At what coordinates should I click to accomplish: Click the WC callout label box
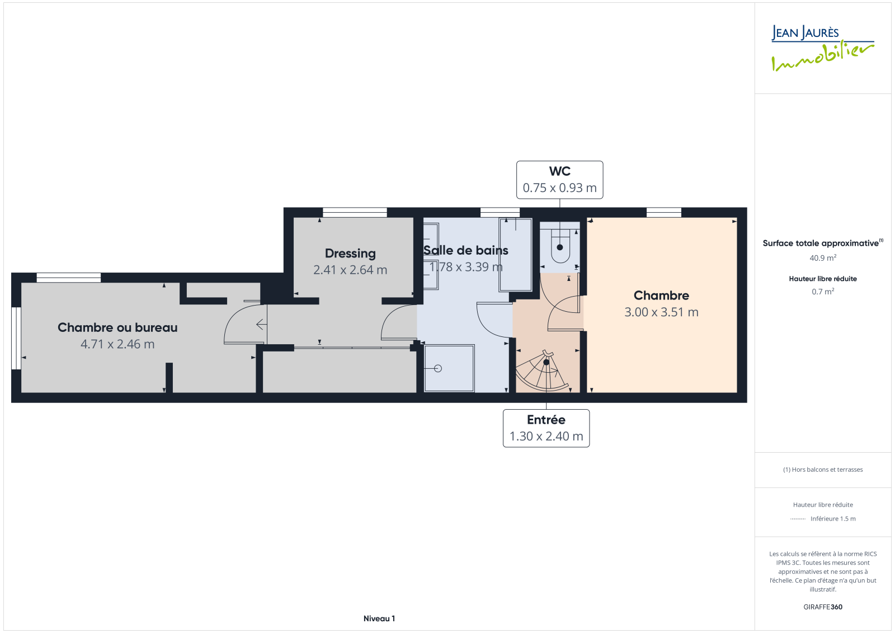(x=559, y=180)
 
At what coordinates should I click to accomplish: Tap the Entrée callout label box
(x=546, y=428)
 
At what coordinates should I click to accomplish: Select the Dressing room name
(x=350, y=254)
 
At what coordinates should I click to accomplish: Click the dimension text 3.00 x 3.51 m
(x=661, y=312)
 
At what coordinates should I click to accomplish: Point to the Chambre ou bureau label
(x=117, y=327)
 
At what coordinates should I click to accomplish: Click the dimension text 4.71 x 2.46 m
(x=117, y=344)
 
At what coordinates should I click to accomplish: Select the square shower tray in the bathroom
(x=449, y=368)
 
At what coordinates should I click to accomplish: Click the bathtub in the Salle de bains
(x=515, y=254)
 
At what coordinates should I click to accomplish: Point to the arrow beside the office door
(x=261, y=324)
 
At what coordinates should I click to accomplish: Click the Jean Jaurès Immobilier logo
(x=822, y=48)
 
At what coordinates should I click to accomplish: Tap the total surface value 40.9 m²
(x=823, y=258)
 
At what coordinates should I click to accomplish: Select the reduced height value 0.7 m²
(x=823, y=292)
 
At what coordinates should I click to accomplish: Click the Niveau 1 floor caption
(x=379, y=618)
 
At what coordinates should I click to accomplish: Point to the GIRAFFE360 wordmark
(x=823, y=607)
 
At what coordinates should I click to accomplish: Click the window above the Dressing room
(x=355, y=212)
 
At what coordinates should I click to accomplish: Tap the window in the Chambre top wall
(x=663, y=212)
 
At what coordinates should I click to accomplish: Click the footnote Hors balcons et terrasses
(x=823, y=470)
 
